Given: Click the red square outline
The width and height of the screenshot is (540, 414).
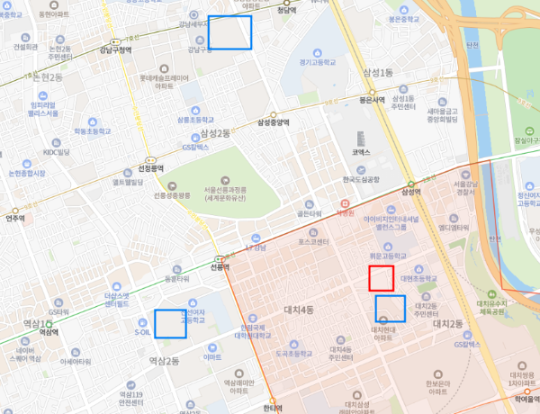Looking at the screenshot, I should click(x=381, y=278).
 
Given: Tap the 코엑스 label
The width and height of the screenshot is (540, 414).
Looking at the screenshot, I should click(x=361, y=153).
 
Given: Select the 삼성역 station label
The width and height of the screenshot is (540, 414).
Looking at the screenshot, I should click(x=411, y=192).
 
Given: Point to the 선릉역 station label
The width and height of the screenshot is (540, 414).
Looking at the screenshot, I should click(x=220, y=266).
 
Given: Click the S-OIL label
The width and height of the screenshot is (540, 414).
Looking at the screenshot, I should click(x=142, y=331).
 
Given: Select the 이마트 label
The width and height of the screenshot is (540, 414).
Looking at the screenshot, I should click(x=212, y=357).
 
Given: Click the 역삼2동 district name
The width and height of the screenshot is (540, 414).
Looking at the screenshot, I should click(x=165, y=360).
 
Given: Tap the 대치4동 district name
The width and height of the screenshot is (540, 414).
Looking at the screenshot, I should click(x=298, y=310).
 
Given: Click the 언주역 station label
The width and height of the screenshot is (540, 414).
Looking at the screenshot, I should click(x=14, y=217).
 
